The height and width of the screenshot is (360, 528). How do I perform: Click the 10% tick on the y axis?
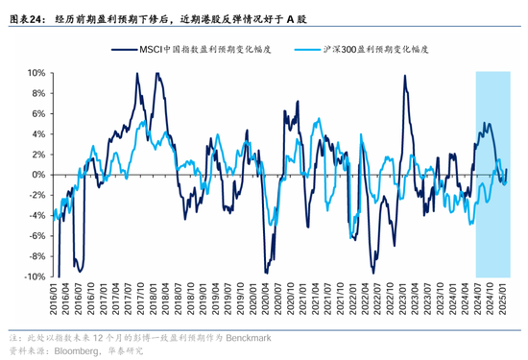[x=35, y=72]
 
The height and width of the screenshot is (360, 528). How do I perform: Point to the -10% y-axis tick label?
[x=33, y=276]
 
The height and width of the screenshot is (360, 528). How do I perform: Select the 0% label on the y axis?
[x=37, y=175]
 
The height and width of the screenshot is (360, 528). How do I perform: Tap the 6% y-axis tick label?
[x=37, y=113]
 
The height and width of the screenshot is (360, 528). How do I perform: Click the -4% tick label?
[x=36, y=215]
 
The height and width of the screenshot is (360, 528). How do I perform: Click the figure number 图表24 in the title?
[x=25, y=17]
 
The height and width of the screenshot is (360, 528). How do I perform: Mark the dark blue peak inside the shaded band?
[x=487, y=123]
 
